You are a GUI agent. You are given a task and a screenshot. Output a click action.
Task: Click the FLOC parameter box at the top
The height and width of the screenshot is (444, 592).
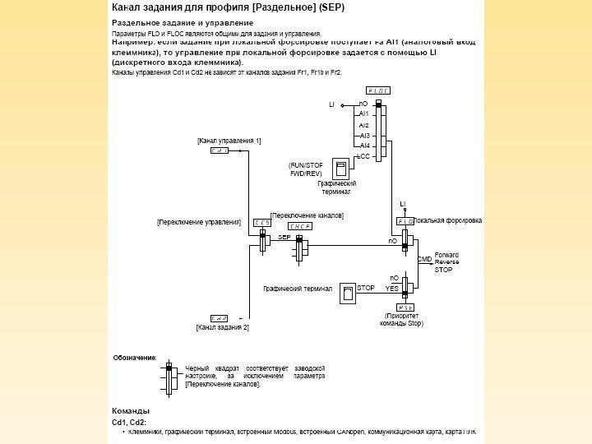point(378,90)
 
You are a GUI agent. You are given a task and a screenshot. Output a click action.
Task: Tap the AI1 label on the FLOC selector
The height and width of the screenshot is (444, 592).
point(364,114)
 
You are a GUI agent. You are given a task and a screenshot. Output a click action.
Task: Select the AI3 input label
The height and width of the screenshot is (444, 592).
point(364,135)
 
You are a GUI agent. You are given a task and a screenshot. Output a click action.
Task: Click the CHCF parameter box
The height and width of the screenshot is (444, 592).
point(298,225)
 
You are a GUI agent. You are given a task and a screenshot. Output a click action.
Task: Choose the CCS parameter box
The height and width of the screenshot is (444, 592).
point(262,222)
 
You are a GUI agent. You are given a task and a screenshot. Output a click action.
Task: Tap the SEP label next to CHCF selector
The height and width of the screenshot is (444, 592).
point(285,236)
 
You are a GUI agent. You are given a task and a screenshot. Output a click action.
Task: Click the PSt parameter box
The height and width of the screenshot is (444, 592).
point(405,307)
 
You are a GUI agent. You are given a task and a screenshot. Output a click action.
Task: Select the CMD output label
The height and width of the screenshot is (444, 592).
point(424,259)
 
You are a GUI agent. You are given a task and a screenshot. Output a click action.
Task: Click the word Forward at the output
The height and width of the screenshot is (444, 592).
point(446,254)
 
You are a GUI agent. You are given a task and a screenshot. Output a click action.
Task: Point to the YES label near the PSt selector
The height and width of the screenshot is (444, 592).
point(391,289)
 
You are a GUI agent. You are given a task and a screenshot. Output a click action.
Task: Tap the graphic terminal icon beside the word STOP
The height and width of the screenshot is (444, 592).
point(349,294)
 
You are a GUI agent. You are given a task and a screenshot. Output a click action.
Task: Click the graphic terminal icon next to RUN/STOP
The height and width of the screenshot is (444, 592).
point(339,168)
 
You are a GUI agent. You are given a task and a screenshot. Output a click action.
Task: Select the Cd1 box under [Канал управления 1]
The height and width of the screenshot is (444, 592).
point(219,151)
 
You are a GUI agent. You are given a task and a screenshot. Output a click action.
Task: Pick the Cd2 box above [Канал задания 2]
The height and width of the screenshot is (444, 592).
point(219,318)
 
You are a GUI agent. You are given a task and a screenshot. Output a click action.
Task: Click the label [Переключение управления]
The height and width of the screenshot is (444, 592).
point(198,222)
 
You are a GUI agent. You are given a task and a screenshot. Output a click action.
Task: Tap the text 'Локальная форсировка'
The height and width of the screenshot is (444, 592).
point(449,221)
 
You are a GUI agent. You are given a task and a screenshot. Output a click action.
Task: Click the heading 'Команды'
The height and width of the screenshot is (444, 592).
point(130,410)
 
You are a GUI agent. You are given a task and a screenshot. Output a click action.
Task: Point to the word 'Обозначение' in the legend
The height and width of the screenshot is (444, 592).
point(134,358)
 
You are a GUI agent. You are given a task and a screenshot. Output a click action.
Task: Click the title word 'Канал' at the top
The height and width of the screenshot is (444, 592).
point(126,7)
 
